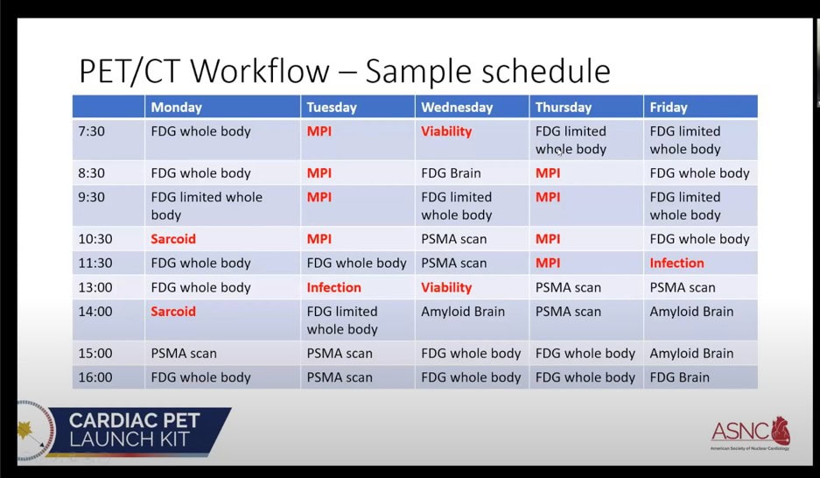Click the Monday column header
(176, 107)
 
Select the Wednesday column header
(457, 107)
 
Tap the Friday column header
(669, 107)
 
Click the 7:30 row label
(92, 131)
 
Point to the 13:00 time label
(95, 287)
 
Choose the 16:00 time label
(95, 377)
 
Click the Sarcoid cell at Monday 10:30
(173, 239)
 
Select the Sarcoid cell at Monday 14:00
(173, 311)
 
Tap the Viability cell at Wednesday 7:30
(446, 131)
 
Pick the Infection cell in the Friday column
(676, 263)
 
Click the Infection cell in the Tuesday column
(333, 287)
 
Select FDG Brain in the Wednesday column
(451, 173)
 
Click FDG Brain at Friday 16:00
(679, 377)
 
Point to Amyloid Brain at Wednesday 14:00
(463, 311)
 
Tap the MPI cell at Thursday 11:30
(548, 263)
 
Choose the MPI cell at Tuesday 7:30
(319, 131)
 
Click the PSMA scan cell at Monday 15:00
(184, 353)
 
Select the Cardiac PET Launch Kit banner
(125, 430)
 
